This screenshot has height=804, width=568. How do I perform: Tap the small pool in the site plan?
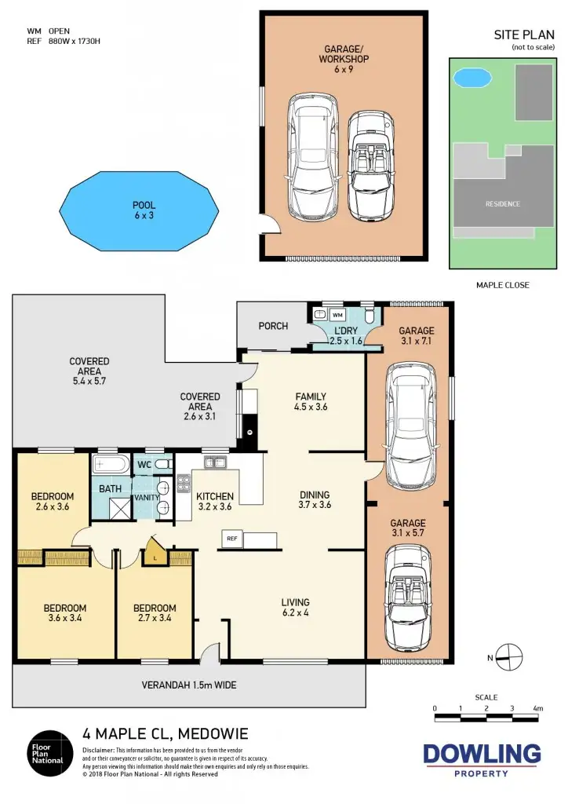click(468, 79)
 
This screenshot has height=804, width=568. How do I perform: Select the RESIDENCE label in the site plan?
click(502, 204)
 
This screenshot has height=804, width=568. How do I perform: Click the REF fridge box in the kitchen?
click(232, 539)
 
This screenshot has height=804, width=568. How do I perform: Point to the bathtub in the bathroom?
click(110, 465)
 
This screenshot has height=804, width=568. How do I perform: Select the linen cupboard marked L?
click(153, 554)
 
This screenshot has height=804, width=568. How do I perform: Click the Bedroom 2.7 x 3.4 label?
click(155, 612)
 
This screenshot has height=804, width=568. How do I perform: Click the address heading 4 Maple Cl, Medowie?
click(166, 734)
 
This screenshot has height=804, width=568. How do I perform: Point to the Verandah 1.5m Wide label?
click(189, 685)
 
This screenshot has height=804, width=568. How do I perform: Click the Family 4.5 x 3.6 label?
click(310, 401)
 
